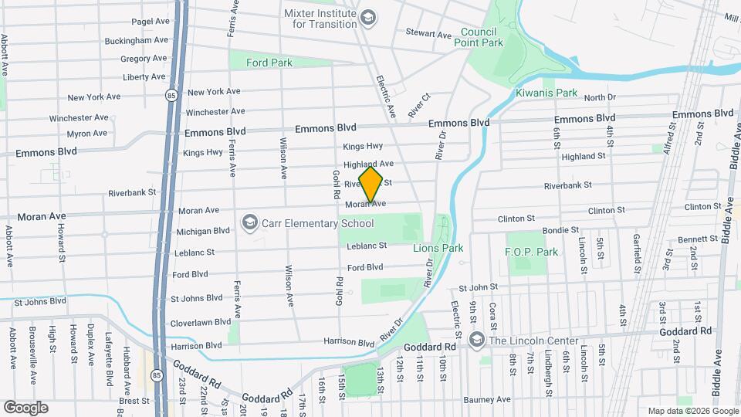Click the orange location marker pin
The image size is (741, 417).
pos(370,184)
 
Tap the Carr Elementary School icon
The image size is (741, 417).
pos(249,224)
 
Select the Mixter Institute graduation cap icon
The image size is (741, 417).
pos(369,17)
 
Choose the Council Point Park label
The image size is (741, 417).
pos(482,38)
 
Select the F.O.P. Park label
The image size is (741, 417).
pos(531,252)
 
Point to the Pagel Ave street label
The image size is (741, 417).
pos(151,22)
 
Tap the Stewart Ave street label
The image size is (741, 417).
pos(429,35)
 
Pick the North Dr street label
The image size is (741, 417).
pos(600,97)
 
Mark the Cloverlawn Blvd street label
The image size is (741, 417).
pos(201,322)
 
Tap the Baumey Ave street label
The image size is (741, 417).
pos(488,400)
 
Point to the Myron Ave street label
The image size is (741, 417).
pos(89,134)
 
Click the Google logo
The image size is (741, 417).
pos(26,407)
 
